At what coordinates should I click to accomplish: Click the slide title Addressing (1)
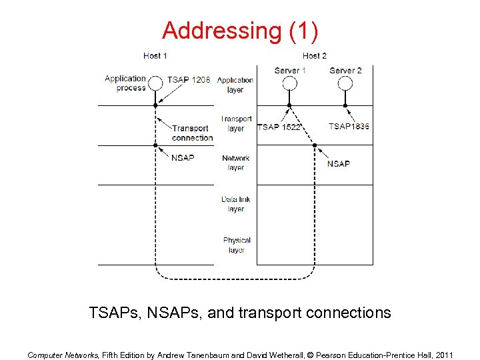(x=240, y=31)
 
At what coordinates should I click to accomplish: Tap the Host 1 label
(x=155, y=56)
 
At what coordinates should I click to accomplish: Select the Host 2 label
(x=315, y=56)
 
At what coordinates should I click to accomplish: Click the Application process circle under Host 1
(x=155, y=83)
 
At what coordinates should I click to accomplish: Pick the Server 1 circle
(x=289, y=83)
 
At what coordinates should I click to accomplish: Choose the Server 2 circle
(x=345, y=83)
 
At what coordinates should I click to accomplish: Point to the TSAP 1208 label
(x=189, y=80)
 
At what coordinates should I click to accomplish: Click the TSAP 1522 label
(x=279, y=127)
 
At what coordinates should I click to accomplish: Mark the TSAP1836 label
(x=349, y=127)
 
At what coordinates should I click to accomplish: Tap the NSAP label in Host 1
(x=183, y=158)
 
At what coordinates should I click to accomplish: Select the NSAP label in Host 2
(x=339, y=163)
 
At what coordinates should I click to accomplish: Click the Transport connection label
(x=192, y=133)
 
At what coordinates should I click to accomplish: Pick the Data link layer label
(x=236, y=204)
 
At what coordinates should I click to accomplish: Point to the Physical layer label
(x=237, y=245)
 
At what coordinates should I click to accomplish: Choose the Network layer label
(x=236, y=163)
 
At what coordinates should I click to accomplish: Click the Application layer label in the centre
(x=235, y=85)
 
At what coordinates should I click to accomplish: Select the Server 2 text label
(x=345, y=70)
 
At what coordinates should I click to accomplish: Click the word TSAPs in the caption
(x=111, y=312)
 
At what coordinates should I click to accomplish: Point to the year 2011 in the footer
(x=443, y=355)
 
